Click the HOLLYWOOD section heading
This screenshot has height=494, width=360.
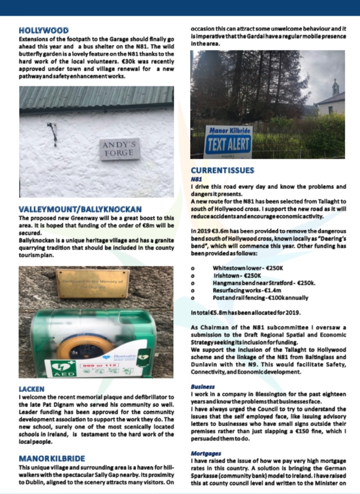pos(44,30)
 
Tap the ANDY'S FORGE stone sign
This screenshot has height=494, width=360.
pos(120,149)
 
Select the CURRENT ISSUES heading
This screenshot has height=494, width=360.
pos(222,170)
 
